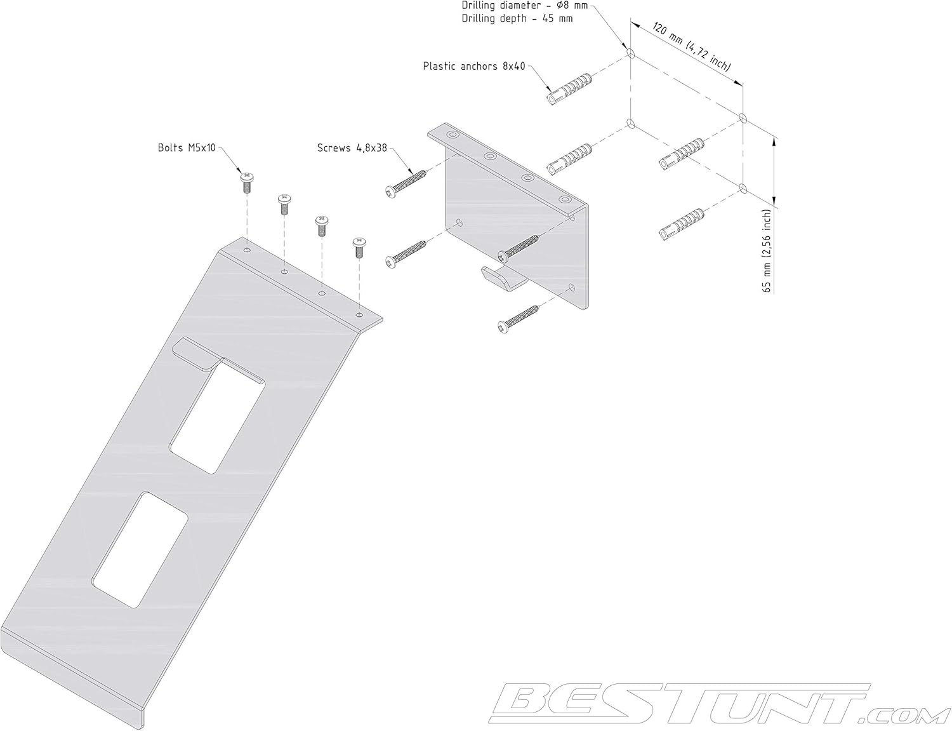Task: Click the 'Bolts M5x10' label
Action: point(187,148)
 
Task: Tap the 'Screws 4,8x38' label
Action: point(352,148)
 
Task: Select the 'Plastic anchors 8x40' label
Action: point(474,66)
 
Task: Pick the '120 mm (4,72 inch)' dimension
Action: point(689,48)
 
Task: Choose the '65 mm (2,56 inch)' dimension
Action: point(767,250)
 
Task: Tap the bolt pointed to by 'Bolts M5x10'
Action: point(247,182)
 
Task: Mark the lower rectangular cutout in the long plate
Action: point(140,549)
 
